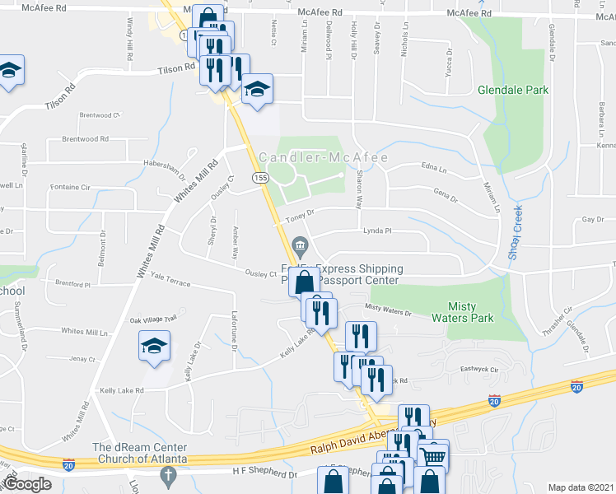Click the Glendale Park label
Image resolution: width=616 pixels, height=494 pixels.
512,90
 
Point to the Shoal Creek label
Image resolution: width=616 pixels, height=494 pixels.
517,233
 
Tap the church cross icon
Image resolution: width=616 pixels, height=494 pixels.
168,475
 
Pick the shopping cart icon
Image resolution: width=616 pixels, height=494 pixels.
434,455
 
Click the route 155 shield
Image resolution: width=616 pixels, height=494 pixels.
260,178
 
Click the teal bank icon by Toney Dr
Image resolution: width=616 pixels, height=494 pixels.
298,245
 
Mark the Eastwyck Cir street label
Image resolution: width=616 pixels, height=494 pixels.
480,370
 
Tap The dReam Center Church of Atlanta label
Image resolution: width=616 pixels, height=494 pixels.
141,452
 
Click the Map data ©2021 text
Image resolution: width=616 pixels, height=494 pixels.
581,487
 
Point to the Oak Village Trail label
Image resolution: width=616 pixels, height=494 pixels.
153,319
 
